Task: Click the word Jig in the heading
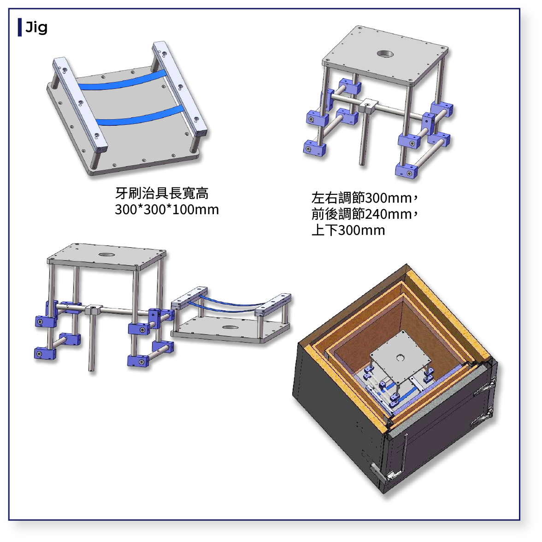[36, 28]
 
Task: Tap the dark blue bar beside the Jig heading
[20, 27]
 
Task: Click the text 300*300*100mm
[167, 210]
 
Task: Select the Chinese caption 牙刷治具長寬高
[161, 193]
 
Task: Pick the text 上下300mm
[348, 230]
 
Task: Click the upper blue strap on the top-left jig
[122, 81]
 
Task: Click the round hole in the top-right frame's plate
[385, 54]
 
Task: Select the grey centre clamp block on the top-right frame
[368, 105]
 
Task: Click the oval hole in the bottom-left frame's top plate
[106, 255]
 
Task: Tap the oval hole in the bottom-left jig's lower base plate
[230, 327]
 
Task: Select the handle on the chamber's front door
[404, 454]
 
